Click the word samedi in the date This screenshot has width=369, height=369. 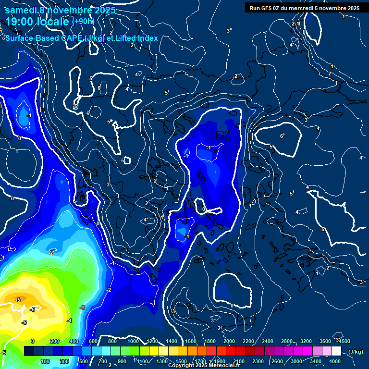click(x=21, y=10)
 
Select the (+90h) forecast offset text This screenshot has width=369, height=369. click(x=83, y=21)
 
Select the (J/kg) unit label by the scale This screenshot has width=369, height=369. click(x=355, y=352)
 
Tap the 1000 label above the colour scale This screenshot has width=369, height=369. click(x=133, y=341)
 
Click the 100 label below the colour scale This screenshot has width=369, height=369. click(x=46, y=361)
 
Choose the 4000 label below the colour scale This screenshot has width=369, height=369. click(x=335, y=361)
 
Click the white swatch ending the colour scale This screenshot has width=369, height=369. click(x=336, y=351)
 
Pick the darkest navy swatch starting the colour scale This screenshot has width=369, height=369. click(x=29, y=351)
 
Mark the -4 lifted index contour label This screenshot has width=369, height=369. click(x=69, y=320)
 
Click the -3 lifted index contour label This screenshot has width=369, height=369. click(x=82, y=307)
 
